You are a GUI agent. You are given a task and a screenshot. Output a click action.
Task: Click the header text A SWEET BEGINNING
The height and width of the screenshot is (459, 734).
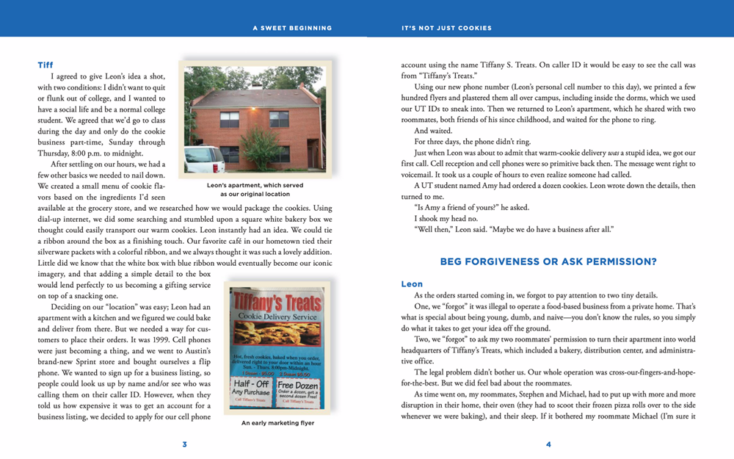click(292, 28)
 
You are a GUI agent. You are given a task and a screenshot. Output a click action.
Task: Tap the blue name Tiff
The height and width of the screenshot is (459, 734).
click(45, 65)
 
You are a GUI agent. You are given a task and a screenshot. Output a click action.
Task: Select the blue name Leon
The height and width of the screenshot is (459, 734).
click(412, 283)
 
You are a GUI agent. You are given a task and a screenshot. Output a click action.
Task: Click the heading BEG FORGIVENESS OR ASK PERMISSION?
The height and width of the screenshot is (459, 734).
click(548, 261)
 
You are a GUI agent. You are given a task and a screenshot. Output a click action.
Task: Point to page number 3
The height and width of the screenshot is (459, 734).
click(185, 444)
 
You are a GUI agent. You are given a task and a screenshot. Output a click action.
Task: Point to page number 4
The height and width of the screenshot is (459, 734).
click(548, 444)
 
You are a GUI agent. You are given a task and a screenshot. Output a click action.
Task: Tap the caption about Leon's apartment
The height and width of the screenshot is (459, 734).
click(255, 189)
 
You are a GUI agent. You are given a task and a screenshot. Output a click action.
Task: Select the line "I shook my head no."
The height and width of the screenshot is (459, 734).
click(448, 219)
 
